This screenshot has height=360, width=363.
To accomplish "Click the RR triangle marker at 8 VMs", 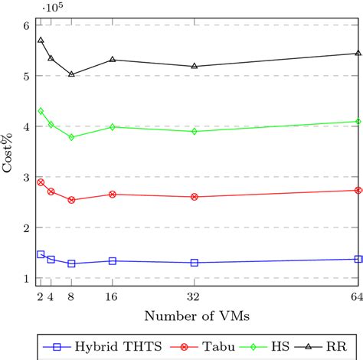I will pos(71,74).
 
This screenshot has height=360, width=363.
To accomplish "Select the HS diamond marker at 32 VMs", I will pos(194,131).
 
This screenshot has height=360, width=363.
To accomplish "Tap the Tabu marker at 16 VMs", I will pos(113,195).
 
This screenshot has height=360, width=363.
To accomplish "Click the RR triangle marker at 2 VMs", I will pos(41,40).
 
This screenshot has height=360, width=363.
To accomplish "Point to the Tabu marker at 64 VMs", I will pos(358,190).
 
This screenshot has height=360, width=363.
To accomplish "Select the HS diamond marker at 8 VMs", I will pos(71,137).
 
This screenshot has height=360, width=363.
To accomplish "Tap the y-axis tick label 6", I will pos(25,25).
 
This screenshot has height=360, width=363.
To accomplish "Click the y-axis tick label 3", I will pos(25,178).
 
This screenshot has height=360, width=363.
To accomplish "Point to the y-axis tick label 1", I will pos(25,279).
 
